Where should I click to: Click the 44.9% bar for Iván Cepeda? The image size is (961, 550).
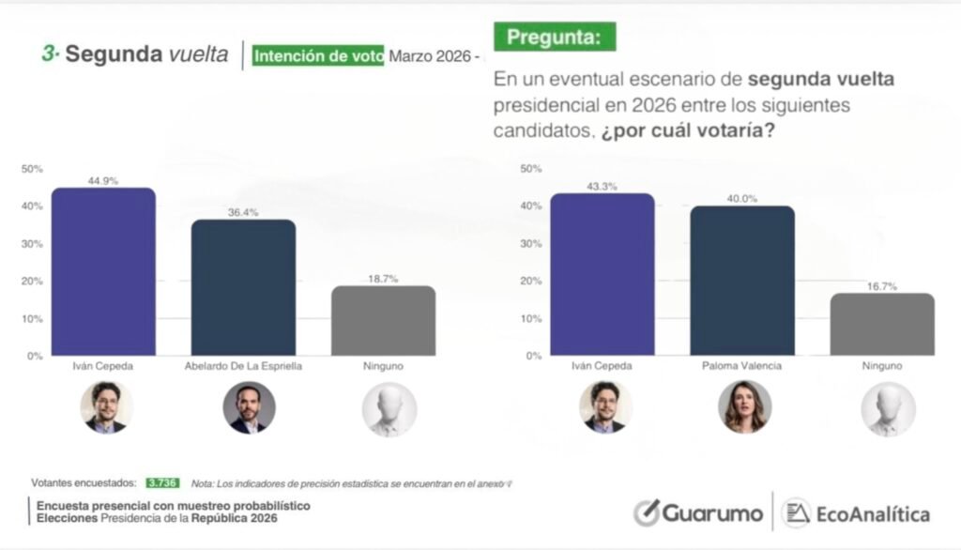tap(103, 271)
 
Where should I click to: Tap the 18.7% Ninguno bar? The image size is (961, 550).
tap(384, 320)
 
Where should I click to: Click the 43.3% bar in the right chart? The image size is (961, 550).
tap(603, 274)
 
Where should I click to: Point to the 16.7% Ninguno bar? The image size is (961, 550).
tap(883, 324)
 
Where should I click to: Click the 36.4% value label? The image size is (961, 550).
tap(244, 213)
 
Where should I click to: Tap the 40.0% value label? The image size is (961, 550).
tap(742, 199)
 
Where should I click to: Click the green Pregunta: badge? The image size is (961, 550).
tap(555, 38)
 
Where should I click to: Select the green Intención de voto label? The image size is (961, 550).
tap(318, 55)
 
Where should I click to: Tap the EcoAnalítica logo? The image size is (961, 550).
tap(856, 513)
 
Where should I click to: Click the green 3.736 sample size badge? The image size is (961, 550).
tap(161, 483)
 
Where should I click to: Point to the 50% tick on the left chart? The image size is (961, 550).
tap(33, 169)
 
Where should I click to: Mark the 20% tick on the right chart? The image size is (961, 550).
tap(530, 282)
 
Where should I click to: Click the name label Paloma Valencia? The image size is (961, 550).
tap(743, 366)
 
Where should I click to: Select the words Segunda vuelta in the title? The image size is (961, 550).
tap(146, 54)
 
